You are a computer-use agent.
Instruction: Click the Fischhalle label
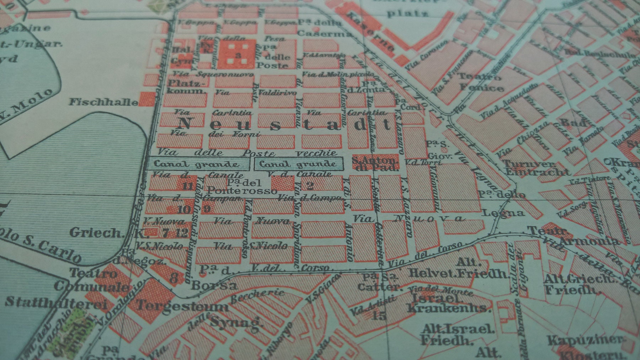(103, 102)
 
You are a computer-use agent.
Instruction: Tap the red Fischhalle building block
(147, 100)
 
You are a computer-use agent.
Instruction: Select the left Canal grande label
(197, 164)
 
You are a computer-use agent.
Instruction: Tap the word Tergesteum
(181, 306)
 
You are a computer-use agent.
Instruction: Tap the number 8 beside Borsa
(174, 277)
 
